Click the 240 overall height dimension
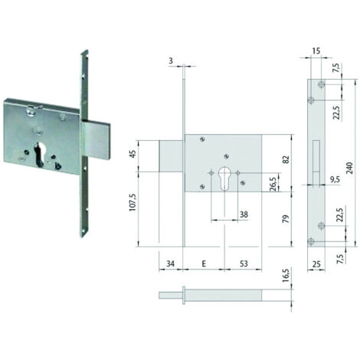tap(350, 168)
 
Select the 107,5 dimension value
tap(133, 201)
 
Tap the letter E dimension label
tap(204, 263)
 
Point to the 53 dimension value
tap(244, 263)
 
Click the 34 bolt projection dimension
tap(170, 263)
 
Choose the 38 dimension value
tap(244, 214)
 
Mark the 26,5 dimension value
tap(273, 185)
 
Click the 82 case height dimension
tap(286, 159)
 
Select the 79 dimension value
tap(286, 219)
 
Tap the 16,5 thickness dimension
tap(286, 275)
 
